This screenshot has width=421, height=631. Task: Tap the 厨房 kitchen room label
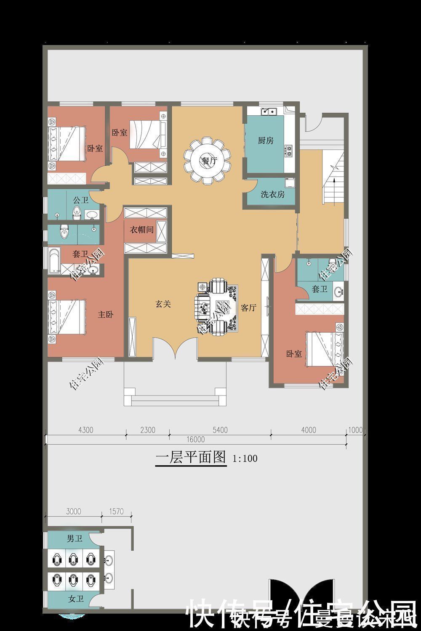click(x=266, y=141)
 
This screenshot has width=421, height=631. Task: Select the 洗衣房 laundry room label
click(x=272, y=194)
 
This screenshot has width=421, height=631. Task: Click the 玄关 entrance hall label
click(x=163, y=304)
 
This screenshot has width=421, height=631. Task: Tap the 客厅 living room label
click(x=248, y=308)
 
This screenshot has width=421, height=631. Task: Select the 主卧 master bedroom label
click(x=106, y=314)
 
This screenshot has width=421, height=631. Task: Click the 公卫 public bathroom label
click(x=80, y=200)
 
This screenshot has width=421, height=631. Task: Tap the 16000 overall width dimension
click(x=196, y=440)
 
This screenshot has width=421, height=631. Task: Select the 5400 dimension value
click(x=220, y=430)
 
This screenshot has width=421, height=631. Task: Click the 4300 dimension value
click(x=86, y=430)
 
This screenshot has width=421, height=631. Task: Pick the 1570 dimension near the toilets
click(x=116, y=512)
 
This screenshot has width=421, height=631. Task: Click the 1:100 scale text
click(x=245, y=458)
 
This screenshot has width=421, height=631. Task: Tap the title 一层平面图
click(x=191, y=457)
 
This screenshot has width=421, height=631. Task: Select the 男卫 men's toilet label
click(x=75, y=538)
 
